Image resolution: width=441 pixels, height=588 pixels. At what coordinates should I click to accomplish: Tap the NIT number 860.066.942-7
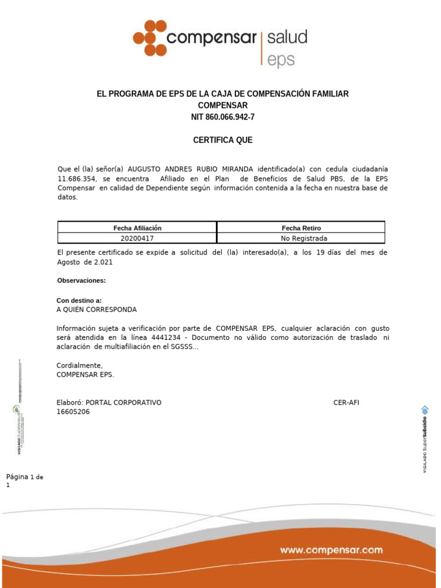(223, 117)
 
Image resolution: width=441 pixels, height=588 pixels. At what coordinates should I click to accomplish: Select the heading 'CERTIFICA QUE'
(223, 140)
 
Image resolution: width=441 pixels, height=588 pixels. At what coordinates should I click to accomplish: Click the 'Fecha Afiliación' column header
(137, 228)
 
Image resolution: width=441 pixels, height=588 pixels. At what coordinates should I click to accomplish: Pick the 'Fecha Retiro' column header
(301, 228)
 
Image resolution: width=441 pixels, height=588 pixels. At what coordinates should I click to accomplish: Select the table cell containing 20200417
(137, 238)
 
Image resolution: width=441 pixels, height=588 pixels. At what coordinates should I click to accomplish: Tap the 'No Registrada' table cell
(301, 238)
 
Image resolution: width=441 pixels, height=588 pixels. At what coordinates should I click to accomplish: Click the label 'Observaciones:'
(82, 281)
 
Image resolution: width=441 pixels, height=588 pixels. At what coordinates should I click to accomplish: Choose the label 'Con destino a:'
(79, 300)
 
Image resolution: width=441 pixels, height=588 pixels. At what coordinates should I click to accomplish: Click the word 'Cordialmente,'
(80, 366)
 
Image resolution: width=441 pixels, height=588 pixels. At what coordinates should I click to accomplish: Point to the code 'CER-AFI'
(346, 403)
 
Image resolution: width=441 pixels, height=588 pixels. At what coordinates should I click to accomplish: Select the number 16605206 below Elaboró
(73, 412)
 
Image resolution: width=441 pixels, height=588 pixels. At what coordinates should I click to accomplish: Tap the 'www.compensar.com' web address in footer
(331, 550)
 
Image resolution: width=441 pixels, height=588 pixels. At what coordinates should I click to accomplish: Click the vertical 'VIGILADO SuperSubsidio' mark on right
(425, 439)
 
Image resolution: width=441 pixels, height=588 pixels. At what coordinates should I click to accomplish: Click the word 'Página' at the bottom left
(17, 478)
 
